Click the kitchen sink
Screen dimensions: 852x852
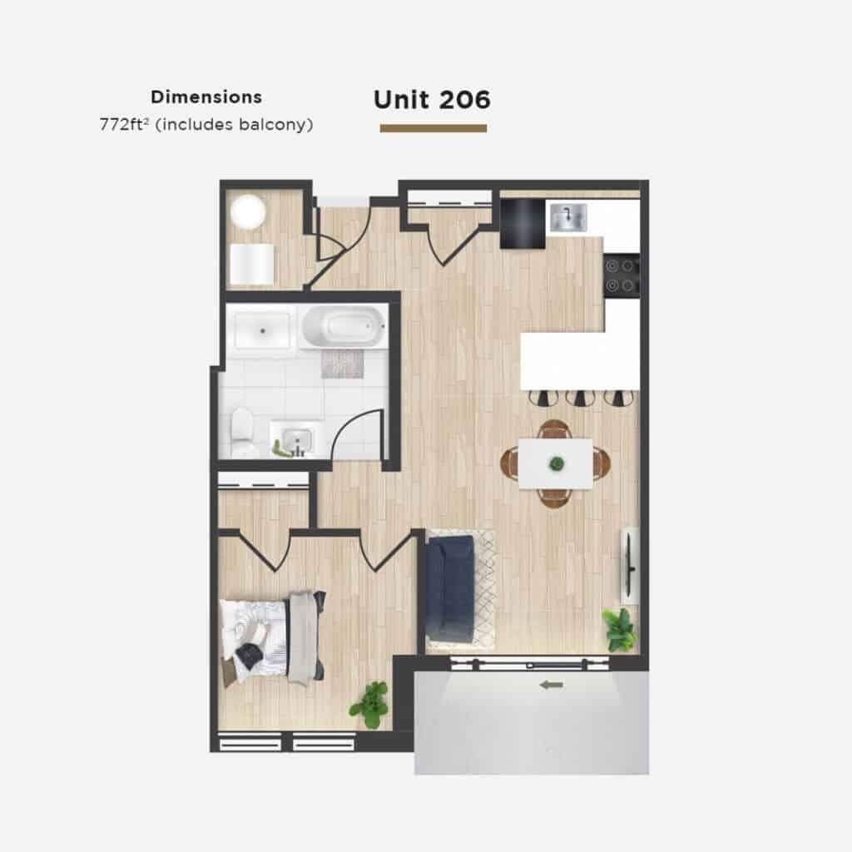click(x=567, y=217)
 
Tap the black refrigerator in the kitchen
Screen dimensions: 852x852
click(x=523, y=224)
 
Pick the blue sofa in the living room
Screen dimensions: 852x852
click(x=450, y=588)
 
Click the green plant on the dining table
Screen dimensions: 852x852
click(x=557, y=463)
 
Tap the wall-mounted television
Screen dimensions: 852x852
click(x=629, y=566)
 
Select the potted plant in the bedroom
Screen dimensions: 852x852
click(x=370, y=704)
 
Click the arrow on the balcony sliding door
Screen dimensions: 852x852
click(x=552, y=686)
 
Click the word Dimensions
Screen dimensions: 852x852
click(x=206, y=97)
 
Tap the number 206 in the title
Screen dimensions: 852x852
click(x=464, y=100)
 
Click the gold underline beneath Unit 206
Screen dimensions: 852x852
click(x=433, y=128)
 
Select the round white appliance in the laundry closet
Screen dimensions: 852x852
click(x=248, y=212)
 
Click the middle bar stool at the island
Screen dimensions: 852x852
click(x=580, y=398)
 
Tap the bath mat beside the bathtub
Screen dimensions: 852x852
click(x=341, y=364)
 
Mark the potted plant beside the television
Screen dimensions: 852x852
click(x=620, y=629)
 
